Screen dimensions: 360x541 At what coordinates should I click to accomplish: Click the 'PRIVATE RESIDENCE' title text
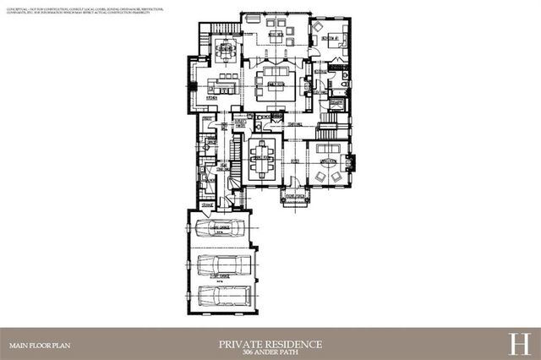(x=270, y=343)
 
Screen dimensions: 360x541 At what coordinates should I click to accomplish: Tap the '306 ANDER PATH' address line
(x=270, y=352)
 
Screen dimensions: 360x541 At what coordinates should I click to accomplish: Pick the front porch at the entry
(x=295, y=197)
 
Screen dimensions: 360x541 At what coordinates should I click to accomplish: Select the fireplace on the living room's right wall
(x=353, y=160)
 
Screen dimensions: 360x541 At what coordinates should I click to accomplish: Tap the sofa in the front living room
(x=328, y=160)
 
